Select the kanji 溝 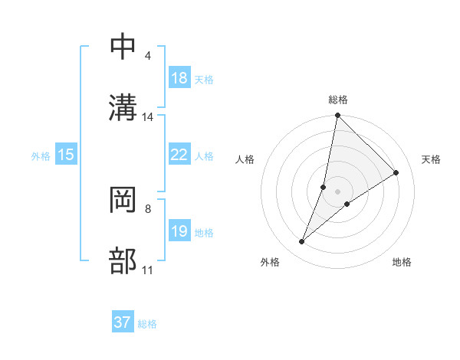pos(123,107)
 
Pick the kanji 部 pos(123,261)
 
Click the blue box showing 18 pos(179,78)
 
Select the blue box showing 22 pos(179,155)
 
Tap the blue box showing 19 pos(179,231)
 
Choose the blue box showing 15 pos(66,155)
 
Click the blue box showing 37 pos(123,322)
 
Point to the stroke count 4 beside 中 pos(147,56)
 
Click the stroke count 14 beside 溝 pos(148,117)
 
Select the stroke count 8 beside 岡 pos(147,208)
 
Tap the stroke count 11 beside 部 pos(148,270)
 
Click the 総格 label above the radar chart pos(338,100)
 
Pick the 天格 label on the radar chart pos(432,159)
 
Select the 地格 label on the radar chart pos(402,262)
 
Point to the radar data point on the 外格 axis pos(302,242)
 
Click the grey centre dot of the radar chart pos(338,180)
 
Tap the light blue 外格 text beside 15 pos(41,155)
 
